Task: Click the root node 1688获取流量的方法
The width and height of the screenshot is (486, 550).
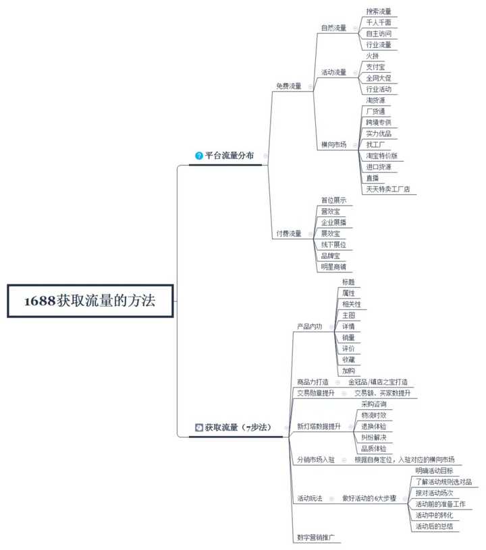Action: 90,301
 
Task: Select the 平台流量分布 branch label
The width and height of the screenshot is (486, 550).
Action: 230,156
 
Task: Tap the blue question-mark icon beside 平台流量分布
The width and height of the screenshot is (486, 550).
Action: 198,156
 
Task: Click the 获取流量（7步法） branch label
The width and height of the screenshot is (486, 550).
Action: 236,427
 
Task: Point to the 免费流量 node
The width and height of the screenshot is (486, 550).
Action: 289,86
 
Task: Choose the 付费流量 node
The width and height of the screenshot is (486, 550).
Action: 289,233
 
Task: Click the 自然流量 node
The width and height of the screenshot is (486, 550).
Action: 333,28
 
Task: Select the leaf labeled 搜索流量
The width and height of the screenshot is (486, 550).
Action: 378,11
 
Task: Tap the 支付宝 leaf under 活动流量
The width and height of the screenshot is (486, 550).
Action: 375,67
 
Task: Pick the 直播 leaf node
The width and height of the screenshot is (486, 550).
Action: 372,178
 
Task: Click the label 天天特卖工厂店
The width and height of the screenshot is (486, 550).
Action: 387,189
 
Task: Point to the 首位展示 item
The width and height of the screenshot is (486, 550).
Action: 333,200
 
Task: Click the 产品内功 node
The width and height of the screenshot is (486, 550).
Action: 310,326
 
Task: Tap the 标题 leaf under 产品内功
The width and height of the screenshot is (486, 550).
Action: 348,282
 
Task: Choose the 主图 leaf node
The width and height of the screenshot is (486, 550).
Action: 348,315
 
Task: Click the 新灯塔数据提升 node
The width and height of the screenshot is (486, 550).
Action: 319,427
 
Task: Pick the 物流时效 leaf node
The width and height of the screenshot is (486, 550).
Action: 373,415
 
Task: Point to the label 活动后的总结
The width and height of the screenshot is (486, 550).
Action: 433,526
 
